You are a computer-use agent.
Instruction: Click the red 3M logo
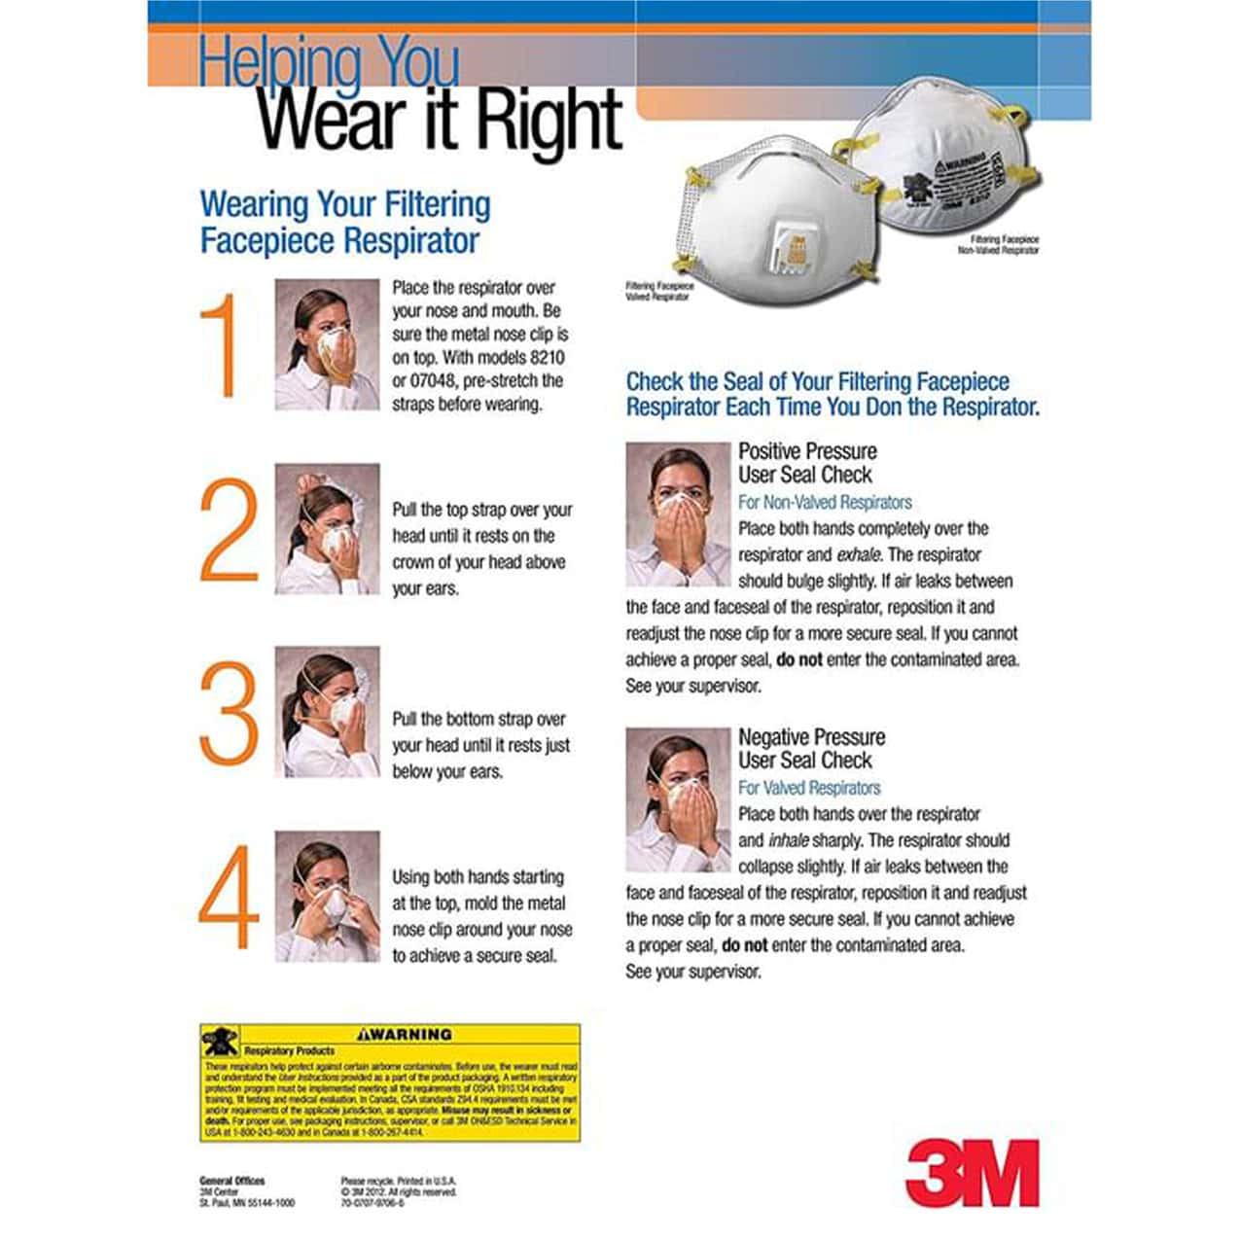972,1172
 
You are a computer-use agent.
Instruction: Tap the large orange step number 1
223,345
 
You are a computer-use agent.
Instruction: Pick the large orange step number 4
229,897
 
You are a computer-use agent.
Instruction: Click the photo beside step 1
327,344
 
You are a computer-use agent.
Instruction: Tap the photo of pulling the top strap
327,529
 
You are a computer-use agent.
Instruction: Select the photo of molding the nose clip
327,896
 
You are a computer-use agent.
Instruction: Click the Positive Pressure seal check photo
677,514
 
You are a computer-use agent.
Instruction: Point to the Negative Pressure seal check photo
677,799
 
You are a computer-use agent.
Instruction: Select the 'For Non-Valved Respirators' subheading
825,503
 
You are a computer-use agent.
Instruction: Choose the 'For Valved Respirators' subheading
808,788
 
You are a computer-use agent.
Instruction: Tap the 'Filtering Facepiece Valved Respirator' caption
660,292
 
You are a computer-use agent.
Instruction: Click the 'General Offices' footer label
231,1181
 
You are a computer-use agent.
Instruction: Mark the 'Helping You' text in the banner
328,60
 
